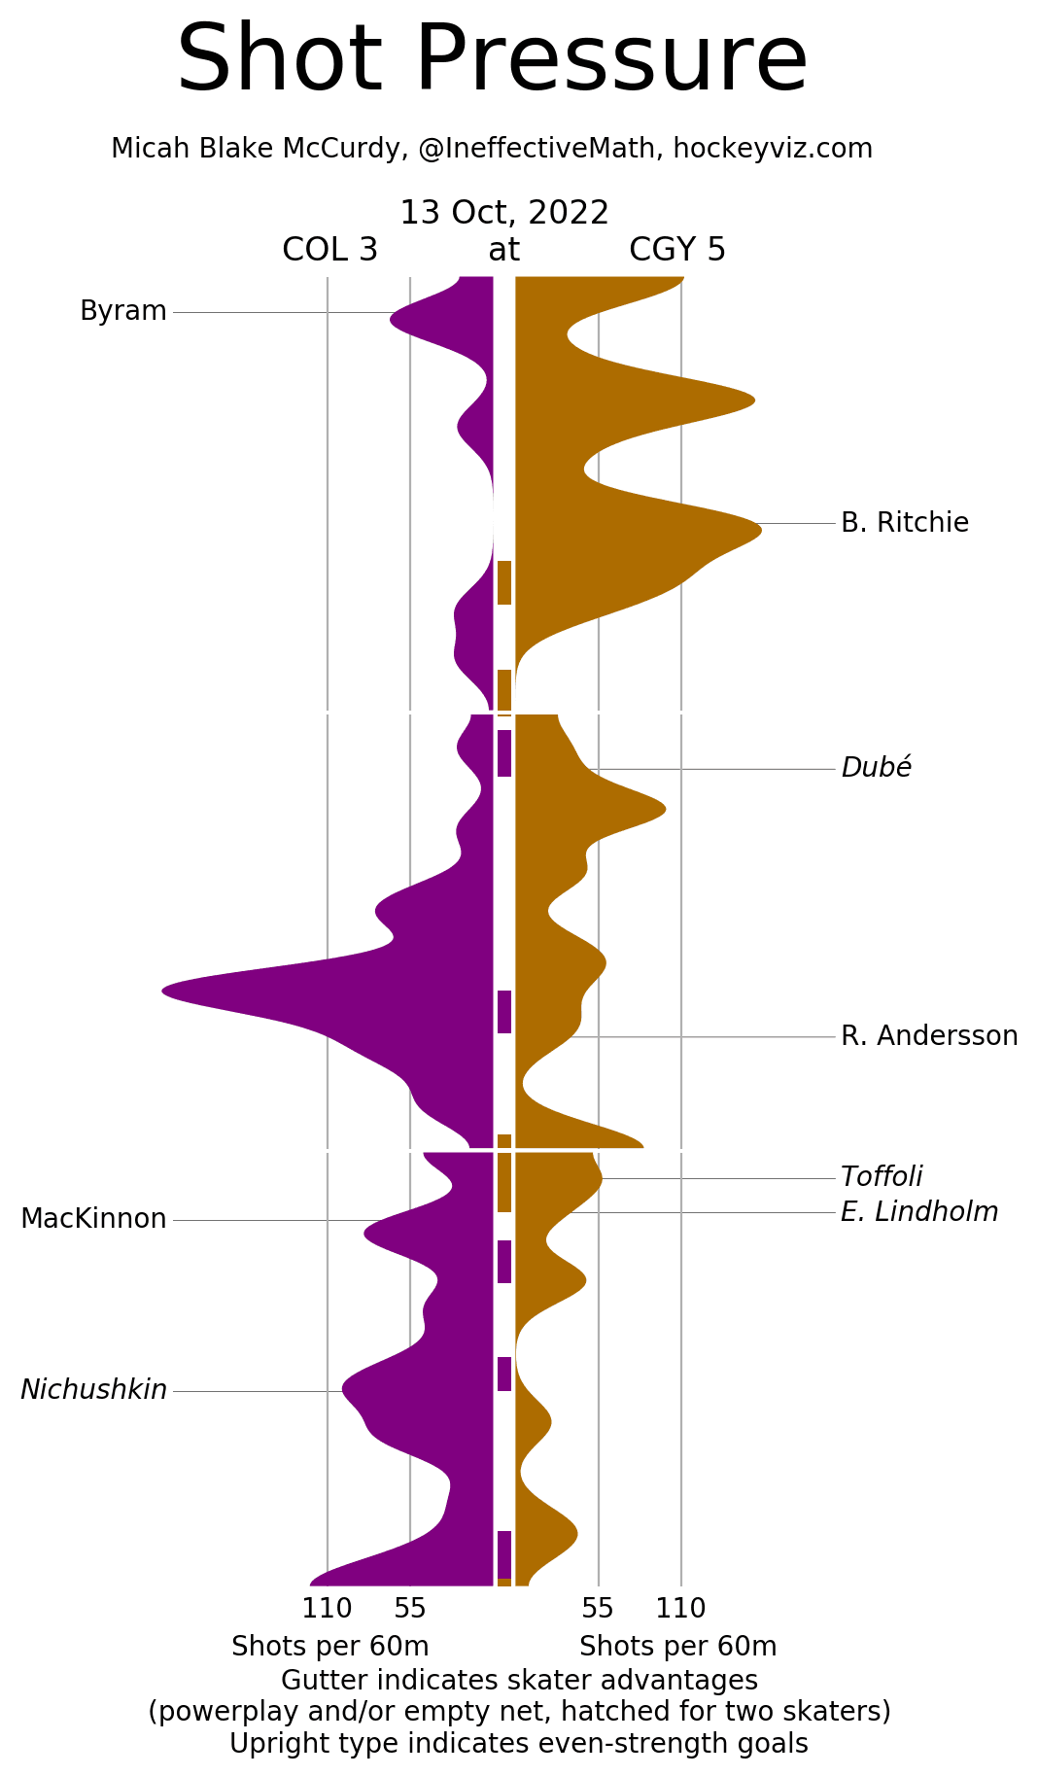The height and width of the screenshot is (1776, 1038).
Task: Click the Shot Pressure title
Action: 492,60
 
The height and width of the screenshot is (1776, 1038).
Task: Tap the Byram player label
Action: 123,311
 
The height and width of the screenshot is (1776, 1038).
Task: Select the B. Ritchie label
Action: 904,523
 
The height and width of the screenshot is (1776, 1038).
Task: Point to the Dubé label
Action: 876,768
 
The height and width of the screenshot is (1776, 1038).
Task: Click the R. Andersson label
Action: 928,1036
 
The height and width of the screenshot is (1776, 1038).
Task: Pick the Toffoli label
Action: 881,1177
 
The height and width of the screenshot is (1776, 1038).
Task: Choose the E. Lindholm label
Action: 918,1212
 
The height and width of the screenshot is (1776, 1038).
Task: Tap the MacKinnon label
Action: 93,1219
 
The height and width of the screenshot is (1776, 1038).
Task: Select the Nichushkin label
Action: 93,1390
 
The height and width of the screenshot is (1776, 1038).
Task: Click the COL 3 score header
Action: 329,251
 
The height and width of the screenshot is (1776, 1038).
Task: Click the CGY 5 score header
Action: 676,251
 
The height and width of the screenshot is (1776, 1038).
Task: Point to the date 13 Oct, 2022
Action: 504,213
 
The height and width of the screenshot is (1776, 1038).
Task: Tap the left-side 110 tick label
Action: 327,1609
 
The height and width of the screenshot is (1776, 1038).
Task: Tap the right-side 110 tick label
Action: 680,1609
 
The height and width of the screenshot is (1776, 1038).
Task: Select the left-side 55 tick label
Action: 410,1609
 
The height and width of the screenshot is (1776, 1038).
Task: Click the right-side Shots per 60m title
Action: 677,1647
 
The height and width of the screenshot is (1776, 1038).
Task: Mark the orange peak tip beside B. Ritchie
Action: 759,526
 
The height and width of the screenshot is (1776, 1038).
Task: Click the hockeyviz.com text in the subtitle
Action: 773,149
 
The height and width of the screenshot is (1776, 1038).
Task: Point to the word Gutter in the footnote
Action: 320,1681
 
